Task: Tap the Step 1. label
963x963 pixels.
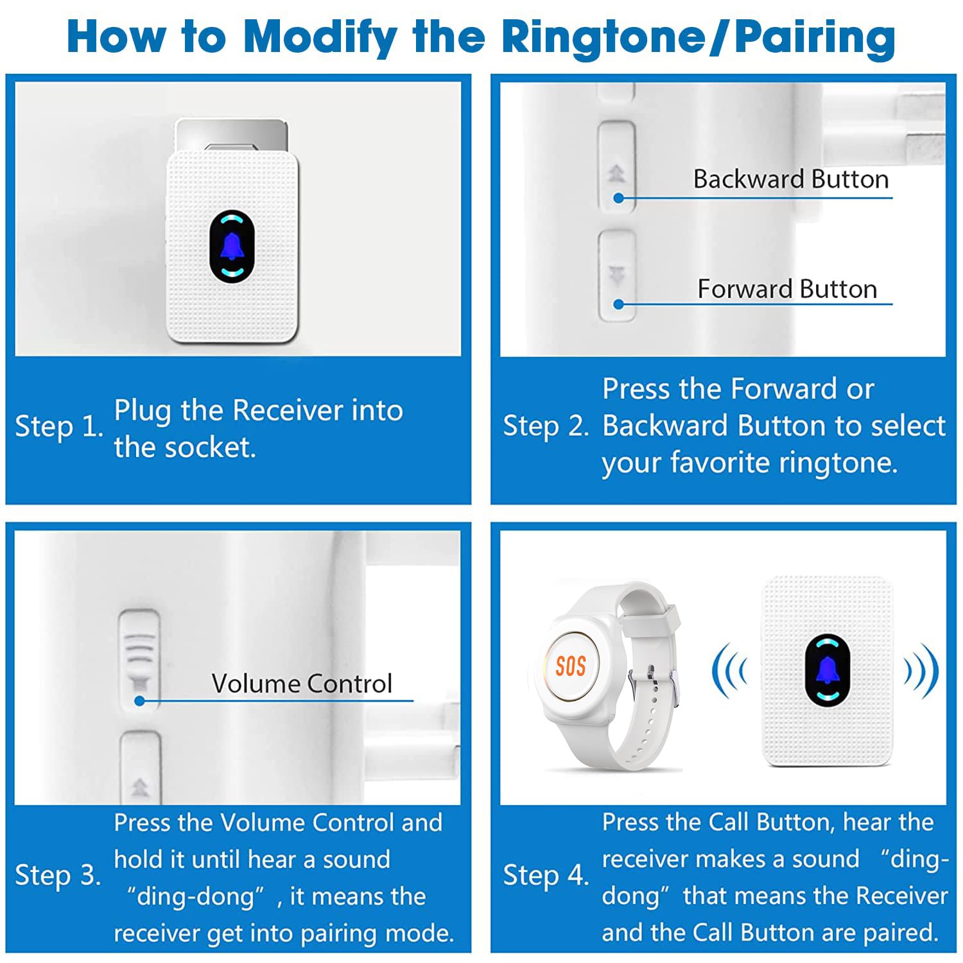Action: (x=59, y=427)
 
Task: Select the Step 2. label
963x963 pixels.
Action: (x=546, y=427)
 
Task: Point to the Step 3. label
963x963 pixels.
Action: (x=58, y=876)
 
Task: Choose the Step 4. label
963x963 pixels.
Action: (x=546, y=876)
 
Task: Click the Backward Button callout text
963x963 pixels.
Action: (x=791, y=179)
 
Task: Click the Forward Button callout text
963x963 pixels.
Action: (x=787, y=289)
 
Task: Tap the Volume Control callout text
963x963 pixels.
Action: (x=302, y=684)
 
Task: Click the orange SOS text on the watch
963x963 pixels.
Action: (x=570, y=666)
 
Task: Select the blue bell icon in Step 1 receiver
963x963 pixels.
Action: (x=232, y=247)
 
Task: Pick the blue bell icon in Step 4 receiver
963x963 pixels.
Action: (x=828, y=670)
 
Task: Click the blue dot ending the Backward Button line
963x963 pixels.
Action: (x=618, y=198)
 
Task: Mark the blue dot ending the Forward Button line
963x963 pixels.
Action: (x=618, y=304)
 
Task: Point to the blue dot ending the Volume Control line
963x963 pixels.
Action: (x=139, y=701)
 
